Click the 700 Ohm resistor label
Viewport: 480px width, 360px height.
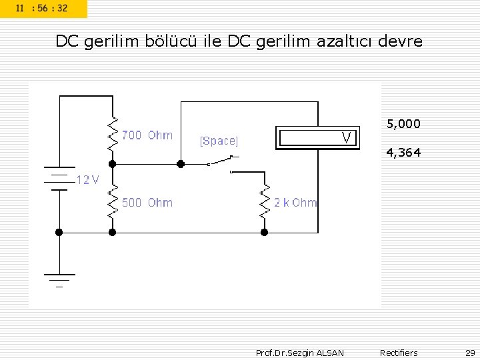point(147,135)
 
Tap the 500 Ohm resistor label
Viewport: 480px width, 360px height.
point(147,203)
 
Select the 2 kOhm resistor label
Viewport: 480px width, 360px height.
point(295,203)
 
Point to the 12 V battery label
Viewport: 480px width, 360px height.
point(87,180)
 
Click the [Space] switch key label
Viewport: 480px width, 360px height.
point(219,141)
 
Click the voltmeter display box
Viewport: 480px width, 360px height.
point(317,138)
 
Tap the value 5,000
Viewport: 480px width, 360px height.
point(403,124)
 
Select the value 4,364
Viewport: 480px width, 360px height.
point(403,153)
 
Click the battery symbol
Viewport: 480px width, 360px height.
point(59,179)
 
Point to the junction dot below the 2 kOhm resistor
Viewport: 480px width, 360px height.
point(264,232)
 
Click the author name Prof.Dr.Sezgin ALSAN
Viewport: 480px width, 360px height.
point(300,353)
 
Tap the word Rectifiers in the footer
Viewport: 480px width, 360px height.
point(399,353)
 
